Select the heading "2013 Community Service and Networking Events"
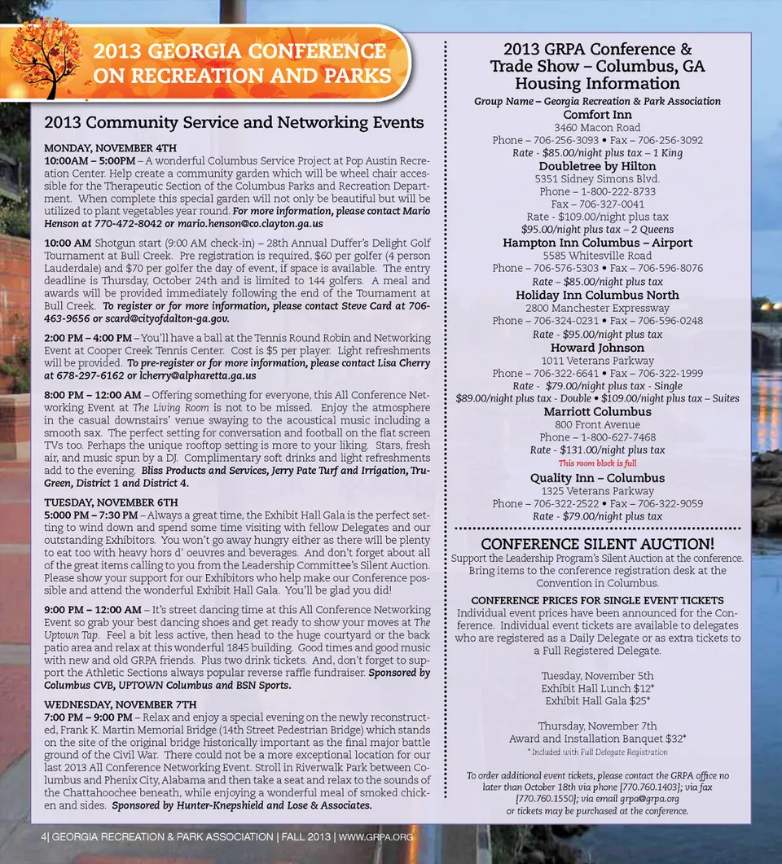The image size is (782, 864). (x=234, y=123)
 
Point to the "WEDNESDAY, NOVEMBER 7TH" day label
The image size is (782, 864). (x=120, y=704)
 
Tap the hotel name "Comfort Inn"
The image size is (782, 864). (x=597, y=115)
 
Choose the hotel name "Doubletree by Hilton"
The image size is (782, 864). (x=597, y=166)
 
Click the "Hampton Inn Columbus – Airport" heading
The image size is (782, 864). (x=597, y=243)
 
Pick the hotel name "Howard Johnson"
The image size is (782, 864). (x=597, y=348)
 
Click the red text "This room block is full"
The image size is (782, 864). (x=597, y=463)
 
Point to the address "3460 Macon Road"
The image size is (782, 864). (x=597, y=128)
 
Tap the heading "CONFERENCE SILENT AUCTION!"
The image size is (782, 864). (x=597, y=543)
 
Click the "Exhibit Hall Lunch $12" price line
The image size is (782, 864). (x=597, y=688)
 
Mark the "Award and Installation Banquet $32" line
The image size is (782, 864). (x=597, y=739)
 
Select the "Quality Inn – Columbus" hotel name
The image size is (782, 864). (x=597, y=478)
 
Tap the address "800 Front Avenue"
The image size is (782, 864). (x=597, y=424)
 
